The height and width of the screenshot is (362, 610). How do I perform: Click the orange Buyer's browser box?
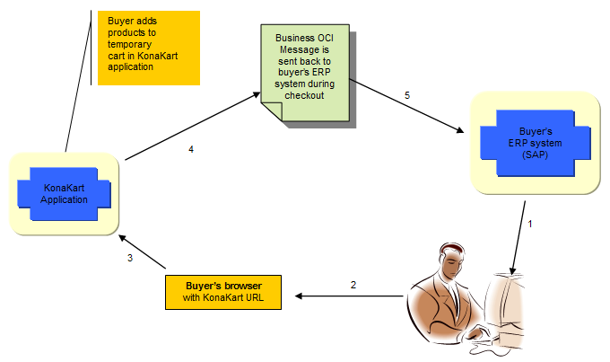[x=221, y=291]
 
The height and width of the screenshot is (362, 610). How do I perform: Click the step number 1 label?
[x=530, y=224]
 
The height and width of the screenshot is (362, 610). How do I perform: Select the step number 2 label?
[x=353, y=285]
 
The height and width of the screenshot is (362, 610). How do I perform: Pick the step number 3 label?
[x=130, y=259]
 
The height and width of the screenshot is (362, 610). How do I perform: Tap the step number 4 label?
[x=191, y=149]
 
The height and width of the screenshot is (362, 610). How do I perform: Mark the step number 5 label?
[x=406, y=94]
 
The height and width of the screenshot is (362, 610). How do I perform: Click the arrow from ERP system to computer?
[x=518, y=238]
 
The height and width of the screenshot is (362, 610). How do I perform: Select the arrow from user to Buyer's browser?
[x=350, y=296]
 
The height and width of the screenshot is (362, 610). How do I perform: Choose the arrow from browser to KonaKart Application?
[x=144, y=252]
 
